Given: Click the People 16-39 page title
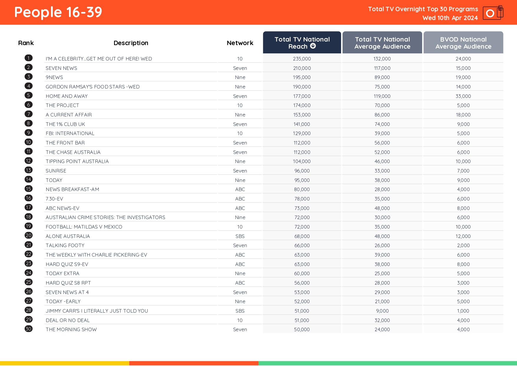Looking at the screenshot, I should [x=58, y=12].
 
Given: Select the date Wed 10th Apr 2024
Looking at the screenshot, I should [x=450, y=18].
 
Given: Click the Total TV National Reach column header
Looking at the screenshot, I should [x=302, y=43].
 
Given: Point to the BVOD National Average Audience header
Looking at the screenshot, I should [x=463, y=43].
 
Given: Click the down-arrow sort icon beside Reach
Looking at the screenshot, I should [x=313, y=46].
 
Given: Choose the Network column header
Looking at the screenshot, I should [x=240, y=43].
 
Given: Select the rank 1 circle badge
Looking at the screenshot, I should [x=29, y=58].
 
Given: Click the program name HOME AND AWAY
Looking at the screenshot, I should [x=67, y=96].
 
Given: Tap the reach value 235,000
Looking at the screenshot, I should [x=302, y=59].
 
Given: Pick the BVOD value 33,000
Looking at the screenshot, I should [x=463, y=96].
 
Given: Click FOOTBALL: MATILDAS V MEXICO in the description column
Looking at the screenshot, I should [x=84, y=227].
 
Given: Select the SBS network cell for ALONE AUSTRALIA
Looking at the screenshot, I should [x=240, y=236].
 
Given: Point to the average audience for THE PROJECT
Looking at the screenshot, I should [x=382, y=105].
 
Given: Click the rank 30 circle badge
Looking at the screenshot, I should [x=29, y=329].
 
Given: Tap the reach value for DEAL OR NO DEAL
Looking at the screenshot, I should [x=302, y=320].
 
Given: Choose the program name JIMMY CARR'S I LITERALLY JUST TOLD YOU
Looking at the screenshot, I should [x=97, y=311].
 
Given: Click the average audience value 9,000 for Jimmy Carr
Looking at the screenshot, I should [x=382, y=311].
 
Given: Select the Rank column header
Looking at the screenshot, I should [x=26, y=43].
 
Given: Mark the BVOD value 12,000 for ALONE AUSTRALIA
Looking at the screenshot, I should [x=463, y=236].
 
